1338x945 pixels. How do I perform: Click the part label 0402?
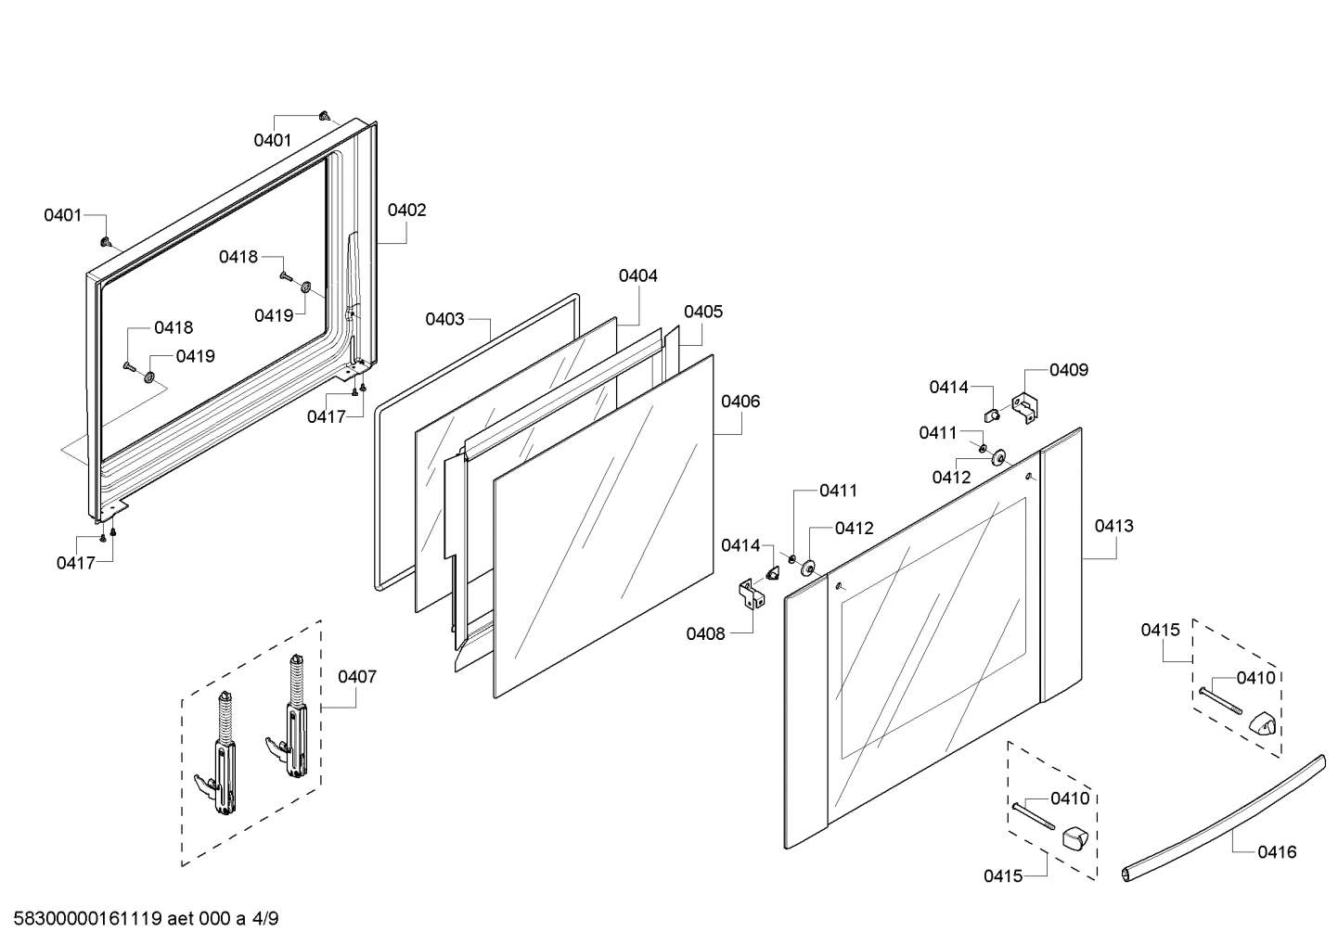(x=406, y=211)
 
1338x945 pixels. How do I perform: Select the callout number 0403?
(x=444, y=319)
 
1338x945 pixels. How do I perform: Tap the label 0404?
(x=637, y=275)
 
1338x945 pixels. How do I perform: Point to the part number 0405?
(x=703, y=312)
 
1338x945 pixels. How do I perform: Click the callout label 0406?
(x=740, y=402)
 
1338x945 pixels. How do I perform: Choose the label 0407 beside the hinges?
(x=357, y=677)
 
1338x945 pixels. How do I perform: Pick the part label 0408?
(x=705, y=633)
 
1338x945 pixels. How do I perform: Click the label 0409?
(x=1069, y=370)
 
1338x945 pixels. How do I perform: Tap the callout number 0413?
(x=1113, y=526)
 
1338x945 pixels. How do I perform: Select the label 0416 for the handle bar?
(x=1277, y=851)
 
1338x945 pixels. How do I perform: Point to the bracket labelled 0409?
(x=1025, y=406)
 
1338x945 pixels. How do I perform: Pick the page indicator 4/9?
(x=265, y=920)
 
